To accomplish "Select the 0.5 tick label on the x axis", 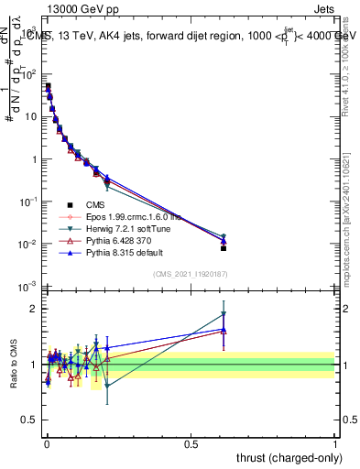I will pos(191,442).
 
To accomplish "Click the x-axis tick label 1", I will pos(335,442).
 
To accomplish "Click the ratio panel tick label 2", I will pos(33,309).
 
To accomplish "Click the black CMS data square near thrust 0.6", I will pos(223,248).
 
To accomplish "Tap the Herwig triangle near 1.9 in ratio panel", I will pos(223,314).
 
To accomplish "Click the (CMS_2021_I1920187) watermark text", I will pos(191,274).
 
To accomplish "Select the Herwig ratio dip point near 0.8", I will pos(107,386).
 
